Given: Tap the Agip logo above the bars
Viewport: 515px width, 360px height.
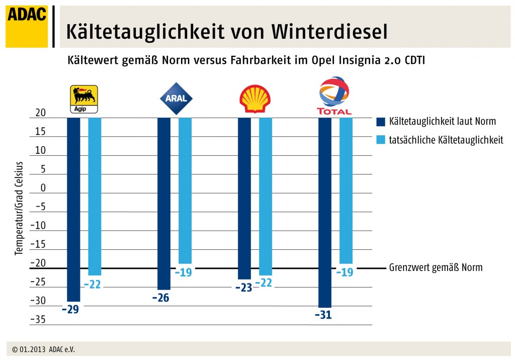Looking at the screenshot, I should [83, 99].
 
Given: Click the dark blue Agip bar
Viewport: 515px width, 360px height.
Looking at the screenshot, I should [73, 209].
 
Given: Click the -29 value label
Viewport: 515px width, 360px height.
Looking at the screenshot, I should [70, 309].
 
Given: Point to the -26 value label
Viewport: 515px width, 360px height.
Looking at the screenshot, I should [160, 298].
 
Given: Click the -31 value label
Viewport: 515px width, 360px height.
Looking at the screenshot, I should [324, 315].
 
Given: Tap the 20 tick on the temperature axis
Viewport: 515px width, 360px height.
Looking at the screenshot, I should [40, 114].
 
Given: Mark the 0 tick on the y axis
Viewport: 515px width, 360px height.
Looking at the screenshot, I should [43, 189].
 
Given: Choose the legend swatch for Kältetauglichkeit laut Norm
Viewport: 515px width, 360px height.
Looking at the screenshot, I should [381, 121].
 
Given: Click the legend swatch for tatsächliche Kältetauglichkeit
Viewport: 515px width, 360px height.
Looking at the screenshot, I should [381, 140].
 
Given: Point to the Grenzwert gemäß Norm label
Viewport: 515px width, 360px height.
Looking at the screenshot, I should [436, 267].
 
